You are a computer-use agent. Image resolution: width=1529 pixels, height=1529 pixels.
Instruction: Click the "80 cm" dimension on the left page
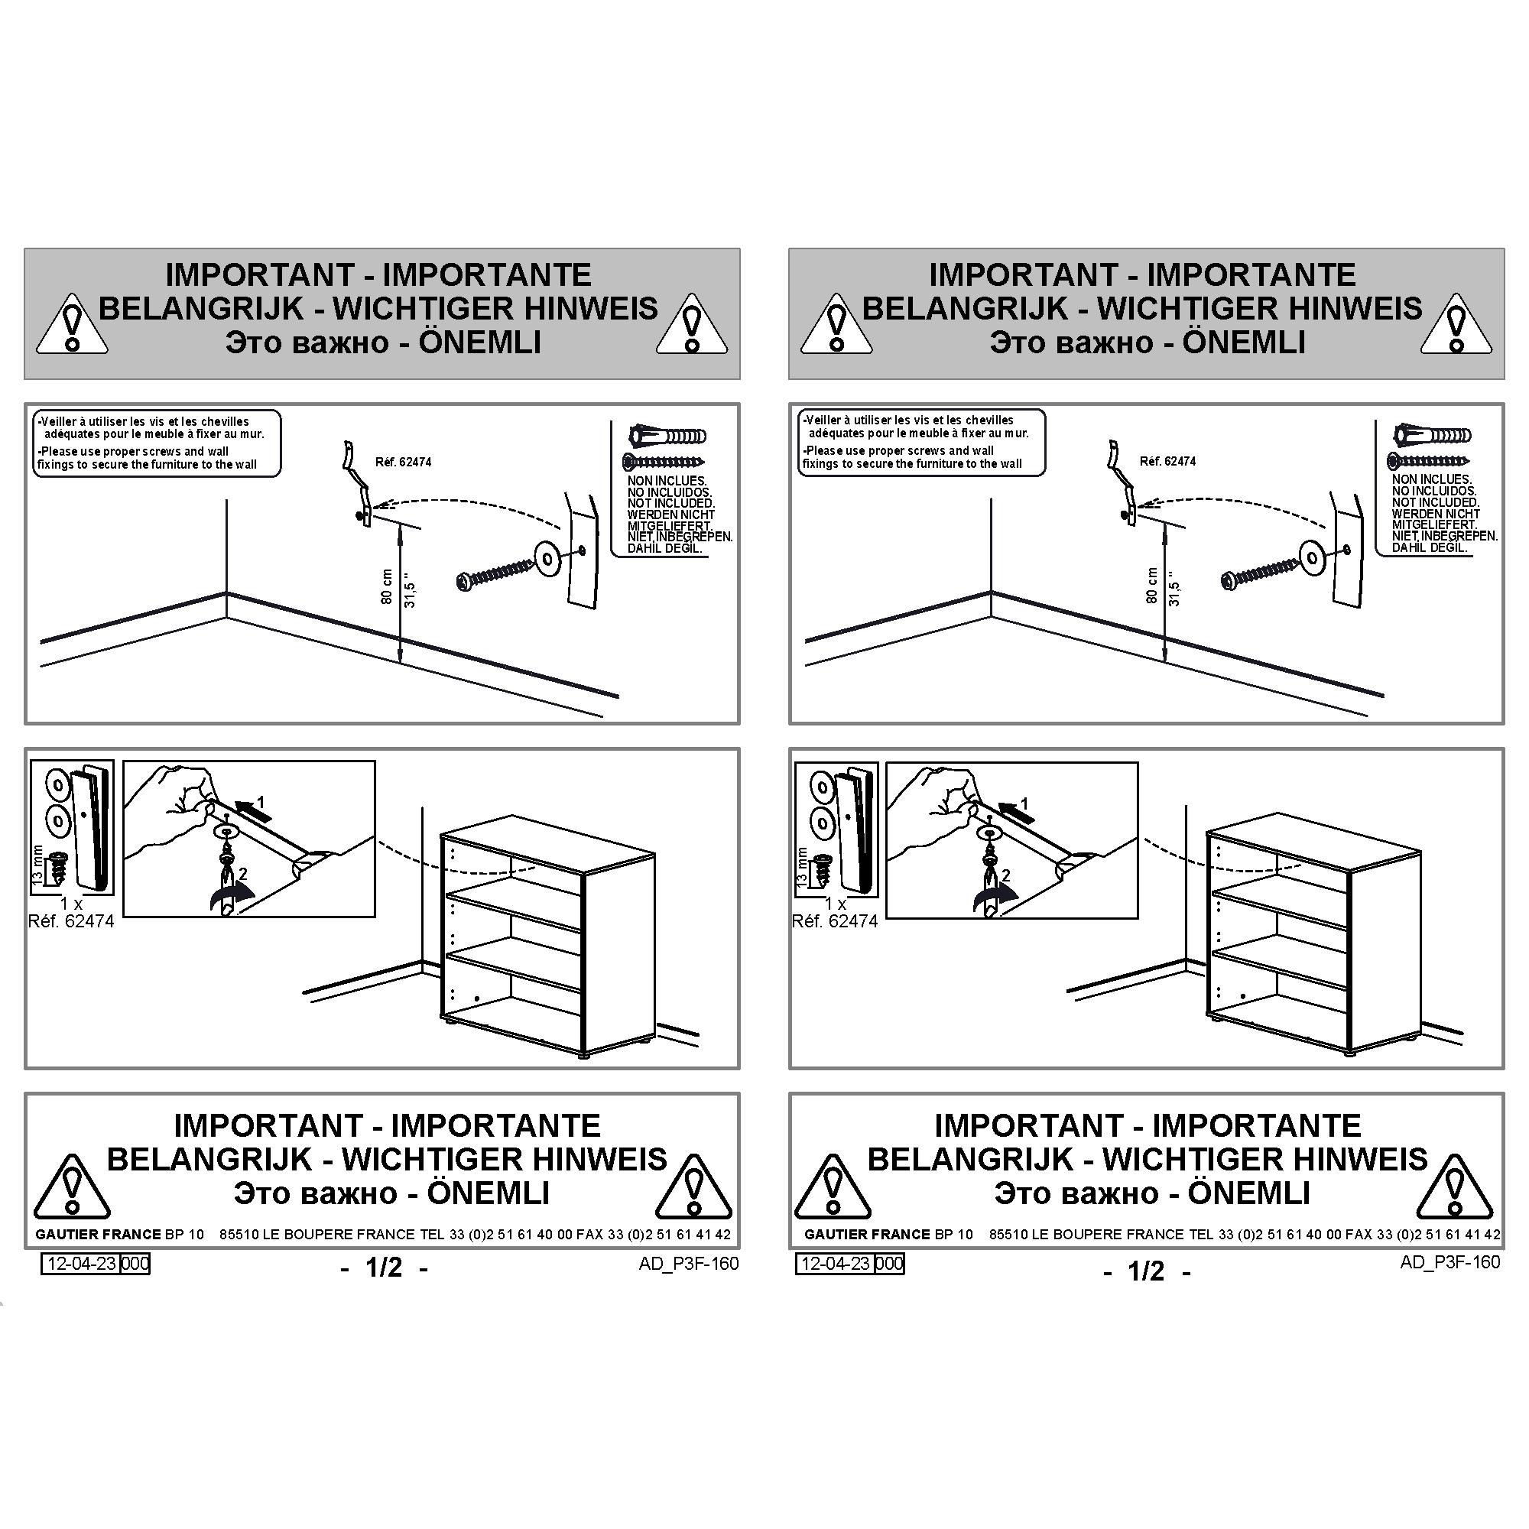click(387, 586)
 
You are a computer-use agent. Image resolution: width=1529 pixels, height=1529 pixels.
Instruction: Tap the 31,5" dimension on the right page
click(1174, 589)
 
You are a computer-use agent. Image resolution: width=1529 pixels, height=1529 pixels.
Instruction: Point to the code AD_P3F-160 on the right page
click(1449, 1262)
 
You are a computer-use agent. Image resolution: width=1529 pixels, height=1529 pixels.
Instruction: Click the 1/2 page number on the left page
click(384, 1268)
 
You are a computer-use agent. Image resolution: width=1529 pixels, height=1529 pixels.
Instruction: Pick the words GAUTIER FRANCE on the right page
click(867, 1234)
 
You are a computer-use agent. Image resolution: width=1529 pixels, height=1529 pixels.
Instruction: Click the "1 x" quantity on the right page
click(835, 903)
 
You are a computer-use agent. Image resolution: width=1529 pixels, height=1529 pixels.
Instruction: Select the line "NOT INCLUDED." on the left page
click(671, 503)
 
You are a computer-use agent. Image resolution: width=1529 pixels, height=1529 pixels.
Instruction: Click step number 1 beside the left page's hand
click(261, 803)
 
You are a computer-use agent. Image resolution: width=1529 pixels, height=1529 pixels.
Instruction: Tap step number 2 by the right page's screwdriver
click(1006, 876)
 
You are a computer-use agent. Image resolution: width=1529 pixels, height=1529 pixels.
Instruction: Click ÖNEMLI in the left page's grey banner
click(479, 342)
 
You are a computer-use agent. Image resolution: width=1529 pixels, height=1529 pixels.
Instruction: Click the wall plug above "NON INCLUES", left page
click(667, 436)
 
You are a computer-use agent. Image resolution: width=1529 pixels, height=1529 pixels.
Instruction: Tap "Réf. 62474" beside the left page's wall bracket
click(403, 463)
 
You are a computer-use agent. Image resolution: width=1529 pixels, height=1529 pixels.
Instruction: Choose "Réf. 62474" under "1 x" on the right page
click(835, 921)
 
